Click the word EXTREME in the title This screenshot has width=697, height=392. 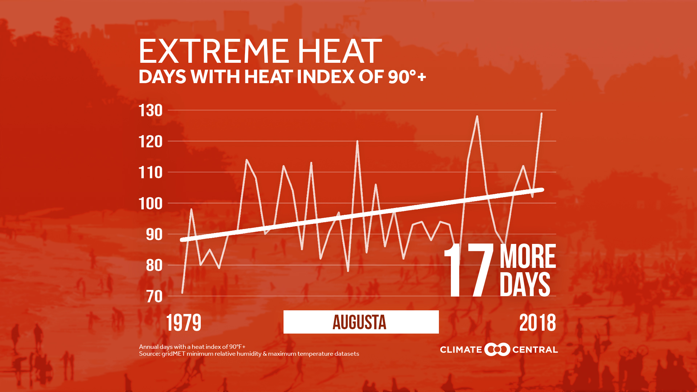[x=213, y=52]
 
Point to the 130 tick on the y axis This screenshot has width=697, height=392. [x=151, y=111]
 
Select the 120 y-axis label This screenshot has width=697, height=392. [x=151, y=142]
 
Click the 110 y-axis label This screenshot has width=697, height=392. [x=151, y=173]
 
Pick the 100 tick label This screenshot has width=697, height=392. [x=151, y=204]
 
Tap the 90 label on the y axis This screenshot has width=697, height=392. [x=154, y=235]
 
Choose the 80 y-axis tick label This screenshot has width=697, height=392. [x=154, y=266]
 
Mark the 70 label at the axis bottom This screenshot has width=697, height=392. [x=154, y=297]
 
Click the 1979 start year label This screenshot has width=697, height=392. [x=184, y=323]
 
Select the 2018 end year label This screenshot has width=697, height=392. [x=537, y=323]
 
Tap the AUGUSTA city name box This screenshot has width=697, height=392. [x=361, y=322]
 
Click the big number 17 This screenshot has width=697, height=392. [x=469, y=270]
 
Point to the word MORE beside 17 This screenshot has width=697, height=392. [x=527, y=257]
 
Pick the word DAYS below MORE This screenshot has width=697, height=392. [x=525, y=285]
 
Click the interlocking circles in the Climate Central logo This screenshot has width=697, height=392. [x=497, y=350]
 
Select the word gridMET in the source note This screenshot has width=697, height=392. [x=174, y=354]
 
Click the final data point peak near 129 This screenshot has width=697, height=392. [x=541, y=114]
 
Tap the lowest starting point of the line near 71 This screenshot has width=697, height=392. [x=182, y=293]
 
